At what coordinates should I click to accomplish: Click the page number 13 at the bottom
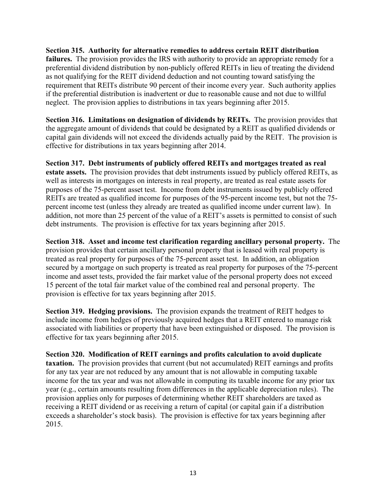192,473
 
